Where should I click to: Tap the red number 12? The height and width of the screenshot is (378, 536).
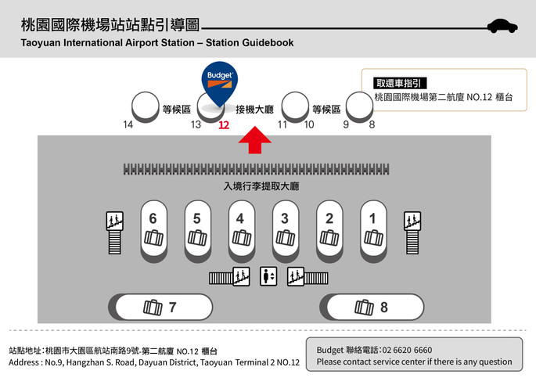tap(224, 124)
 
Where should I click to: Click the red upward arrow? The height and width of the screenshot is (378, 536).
tap(255, 140)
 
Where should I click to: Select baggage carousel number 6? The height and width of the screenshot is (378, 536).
tap(154, 232)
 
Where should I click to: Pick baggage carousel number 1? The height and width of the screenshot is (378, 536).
tap(373, 232)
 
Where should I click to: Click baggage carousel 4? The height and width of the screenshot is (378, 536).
tap(242, 232)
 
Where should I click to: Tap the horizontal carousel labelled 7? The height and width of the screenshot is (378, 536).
tap(160, 307)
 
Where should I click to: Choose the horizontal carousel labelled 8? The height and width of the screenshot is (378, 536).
tap(372, 307)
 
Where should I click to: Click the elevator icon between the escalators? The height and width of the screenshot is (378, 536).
tap(268, 276)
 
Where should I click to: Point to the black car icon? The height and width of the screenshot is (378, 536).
tap(502, 26)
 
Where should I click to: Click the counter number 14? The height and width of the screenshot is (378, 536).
tap(128, 124)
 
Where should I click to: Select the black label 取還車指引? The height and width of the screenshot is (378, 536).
tap(400, 83)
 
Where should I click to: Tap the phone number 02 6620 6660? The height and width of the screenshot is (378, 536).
tap(407, 350)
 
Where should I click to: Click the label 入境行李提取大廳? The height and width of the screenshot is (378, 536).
tap(261, 186)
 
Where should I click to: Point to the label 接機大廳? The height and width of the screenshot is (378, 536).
tap(254, 110)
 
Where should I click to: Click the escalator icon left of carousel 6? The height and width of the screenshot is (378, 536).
tap(114, 232)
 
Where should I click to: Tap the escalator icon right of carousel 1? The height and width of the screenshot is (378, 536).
tap(412, 232)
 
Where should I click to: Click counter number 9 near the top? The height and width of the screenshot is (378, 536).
tap(346, 124)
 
